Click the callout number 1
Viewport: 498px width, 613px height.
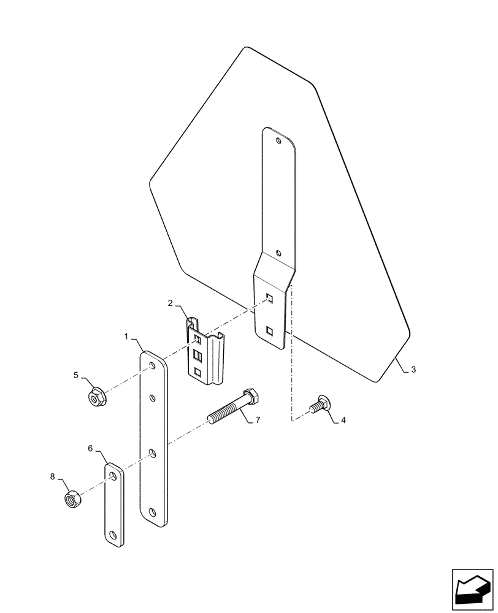[x=126, y=337]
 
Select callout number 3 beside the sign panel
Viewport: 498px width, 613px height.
[x=413, y=370]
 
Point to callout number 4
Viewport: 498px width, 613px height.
[x=343, y=421]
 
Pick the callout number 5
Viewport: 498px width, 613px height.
[x=77, y=375]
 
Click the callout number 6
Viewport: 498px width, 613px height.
[x=90, y=449]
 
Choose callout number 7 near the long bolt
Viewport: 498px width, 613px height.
[x=258, y=420]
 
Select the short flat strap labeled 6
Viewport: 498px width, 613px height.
[x=113, y=505]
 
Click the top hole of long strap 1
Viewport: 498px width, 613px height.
[x=151, y=368]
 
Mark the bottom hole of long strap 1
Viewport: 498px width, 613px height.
[x=153, y=512]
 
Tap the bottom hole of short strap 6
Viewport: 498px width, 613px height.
[x=113, y=534]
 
